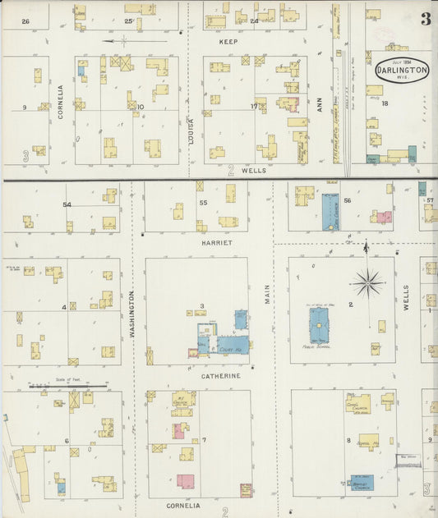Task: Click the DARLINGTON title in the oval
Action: (402, 71)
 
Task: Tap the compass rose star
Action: (367, 283)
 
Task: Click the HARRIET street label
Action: (218, 243)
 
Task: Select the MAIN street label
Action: (267, 296)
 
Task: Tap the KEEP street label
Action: (228, 39)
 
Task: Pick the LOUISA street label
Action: (191, 132)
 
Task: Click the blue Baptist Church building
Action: (362, 482)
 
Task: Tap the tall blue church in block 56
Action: (330, 210)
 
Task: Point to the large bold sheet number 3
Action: (426, 20)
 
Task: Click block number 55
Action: (202, 201)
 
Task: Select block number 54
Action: (67, 204)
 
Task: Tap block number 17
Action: (255, 106)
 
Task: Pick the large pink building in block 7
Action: (185, 481)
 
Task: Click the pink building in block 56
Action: (381, 218)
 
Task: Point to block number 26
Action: (25, 21)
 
